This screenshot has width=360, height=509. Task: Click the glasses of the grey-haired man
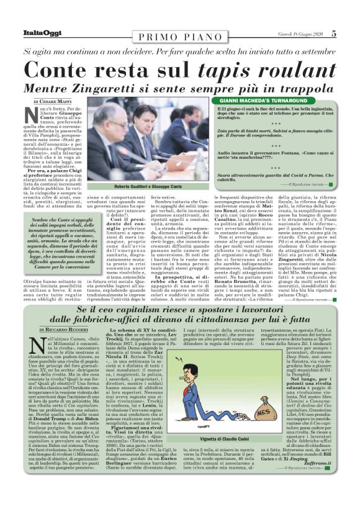tap(117, 127)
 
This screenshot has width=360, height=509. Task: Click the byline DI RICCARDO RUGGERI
tap(61, 312)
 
